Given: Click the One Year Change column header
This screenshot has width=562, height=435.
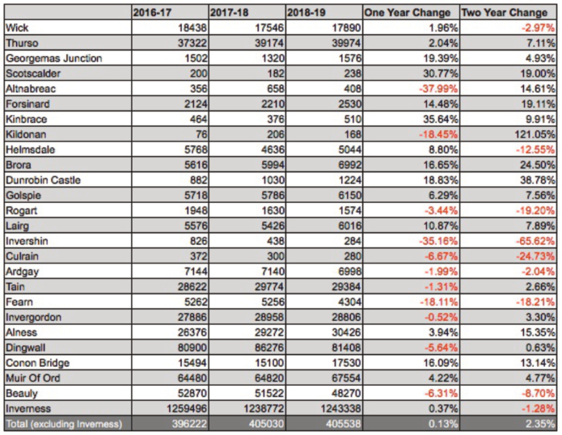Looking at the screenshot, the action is coord(408,13).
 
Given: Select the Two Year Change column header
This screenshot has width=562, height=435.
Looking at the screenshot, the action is coord(505,13).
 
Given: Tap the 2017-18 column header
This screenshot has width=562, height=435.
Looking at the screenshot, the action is coord(229,13).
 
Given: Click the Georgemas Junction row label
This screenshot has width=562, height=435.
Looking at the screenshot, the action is coord(53,58).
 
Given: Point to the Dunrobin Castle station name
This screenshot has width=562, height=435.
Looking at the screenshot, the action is coord(43,179).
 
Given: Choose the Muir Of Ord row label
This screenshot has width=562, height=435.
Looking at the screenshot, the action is coord(33,378).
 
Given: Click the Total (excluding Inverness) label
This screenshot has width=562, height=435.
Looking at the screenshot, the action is coord(64,424).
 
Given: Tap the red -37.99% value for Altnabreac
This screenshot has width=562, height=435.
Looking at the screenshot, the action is coord(438,88).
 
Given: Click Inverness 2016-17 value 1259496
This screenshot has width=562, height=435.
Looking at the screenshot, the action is coord(186,408).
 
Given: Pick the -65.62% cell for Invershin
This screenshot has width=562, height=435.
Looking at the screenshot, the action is coord(535,241).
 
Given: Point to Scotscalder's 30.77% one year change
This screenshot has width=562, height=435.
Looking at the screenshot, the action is coord(441,74).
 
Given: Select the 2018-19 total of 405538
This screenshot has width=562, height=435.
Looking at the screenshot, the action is coord(344,424).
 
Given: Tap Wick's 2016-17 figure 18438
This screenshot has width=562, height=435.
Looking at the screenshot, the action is coord(192,27).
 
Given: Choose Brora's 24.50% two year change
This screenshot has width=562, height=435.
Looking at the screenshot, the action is coord(538,165).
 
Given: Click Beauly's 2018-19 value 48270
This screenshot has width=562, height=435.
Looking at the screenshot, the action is coord(346,394).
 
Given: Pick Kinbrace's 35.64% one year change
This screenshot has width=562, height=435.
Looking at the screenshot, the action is coord(441,119).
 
